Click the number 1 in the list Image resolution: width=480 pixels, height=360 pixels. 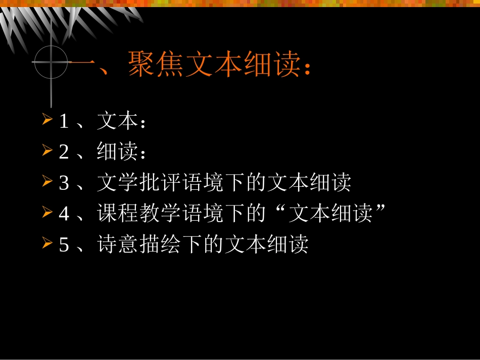tap(64, 122)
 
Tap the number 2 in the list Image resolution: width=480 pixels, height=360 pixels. tap(64, 152)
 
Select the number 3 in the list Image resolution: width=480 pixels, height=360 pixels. tap(64, 183)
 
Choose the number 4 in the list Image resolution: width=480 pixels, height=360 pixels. tap(64, 214)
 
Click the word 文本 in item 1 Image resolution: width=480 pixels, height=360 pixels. tap(117, 121)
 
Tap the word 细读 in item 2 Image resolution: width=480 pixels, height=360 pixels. tap(117, 151)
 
